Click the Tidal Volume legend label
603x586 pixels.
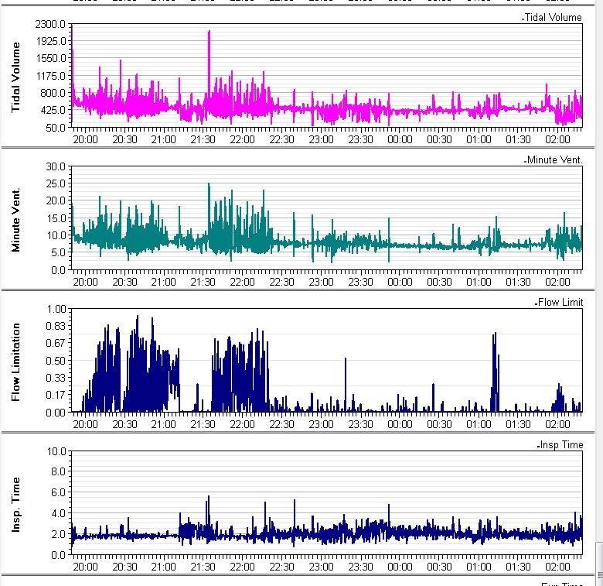[x=553, y=18]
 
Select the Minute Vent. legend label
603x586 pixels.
[x=554, y=160]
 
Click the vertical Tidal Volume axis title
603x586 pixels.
[x=15, y=76]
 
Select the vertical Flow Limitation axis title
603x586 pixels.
[x=15, y=362]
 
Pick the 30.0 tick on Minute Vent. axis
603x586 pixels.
[x=56, y=166]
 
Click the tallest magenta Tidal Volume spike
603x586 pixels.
[x=209, y=33]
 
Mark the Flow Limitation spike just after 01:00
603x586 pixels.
[x=495, y=334]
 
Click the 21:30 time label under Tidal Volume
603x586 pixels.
[x=203, y=139]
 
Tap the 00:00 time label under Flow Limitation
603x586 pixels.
[x=400, y=424]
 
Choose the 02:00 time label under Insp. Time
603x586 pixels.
[x=557, y=567]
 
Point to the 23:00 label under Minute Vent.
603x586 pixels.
[x=321, y=282]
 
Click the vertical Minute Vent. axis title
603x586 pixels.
[x=15, y=219]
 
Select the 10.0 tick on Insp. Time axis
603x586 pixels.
[x=56, y=451]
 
